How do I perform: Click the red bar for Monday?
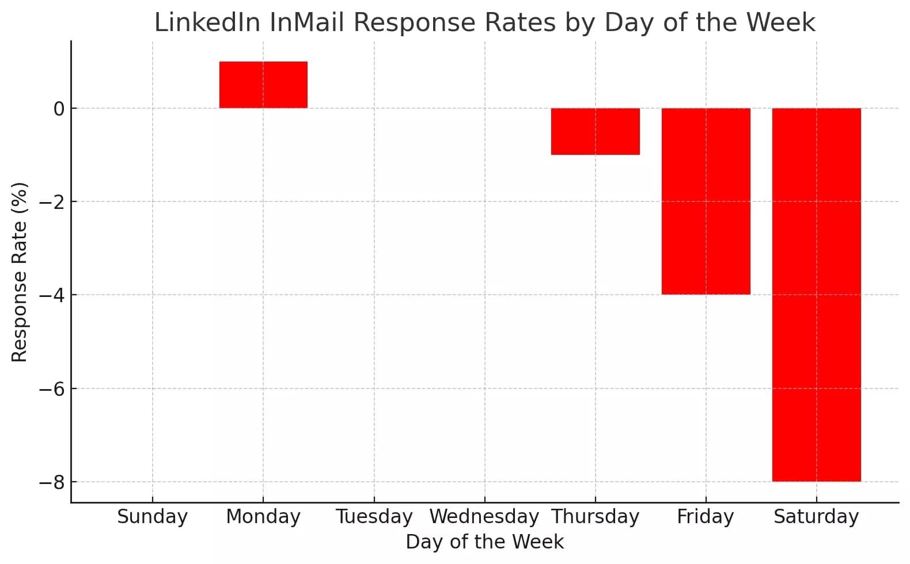pos(263,85)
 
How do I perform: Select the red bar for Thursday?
pos(595,131)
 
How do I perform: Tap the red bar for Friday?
pos(706,201)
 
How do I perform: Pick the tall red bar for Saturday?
pos(816,295)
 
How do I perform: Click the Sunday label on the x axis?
pos(152,516)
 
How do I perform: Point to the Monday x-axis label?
pos(263,516)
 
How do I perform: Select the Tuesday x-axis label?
pos(374,516)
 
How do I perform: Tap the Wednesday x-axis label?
pos(484,516)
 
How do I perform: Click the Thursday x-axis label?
pos(595,516)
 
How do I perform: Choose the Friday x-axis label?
pos(706,516)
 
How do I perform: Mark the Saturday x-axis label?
pos(816,516)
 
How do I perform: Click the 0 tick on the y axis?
pos(59,109)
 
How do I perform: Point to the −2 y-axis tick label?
pos(52,202)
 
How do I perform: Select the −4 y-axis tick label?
pos(52,295)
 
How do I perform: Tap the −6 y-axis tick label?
pos(52,389)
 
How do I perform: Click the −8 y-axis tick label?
pos(52,482)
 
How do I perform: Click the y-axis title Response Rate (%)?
pos(20,272)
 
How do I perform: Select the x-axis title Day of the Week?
pos(484,542)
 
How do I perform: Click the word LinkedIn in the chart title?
pos(208,23)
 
